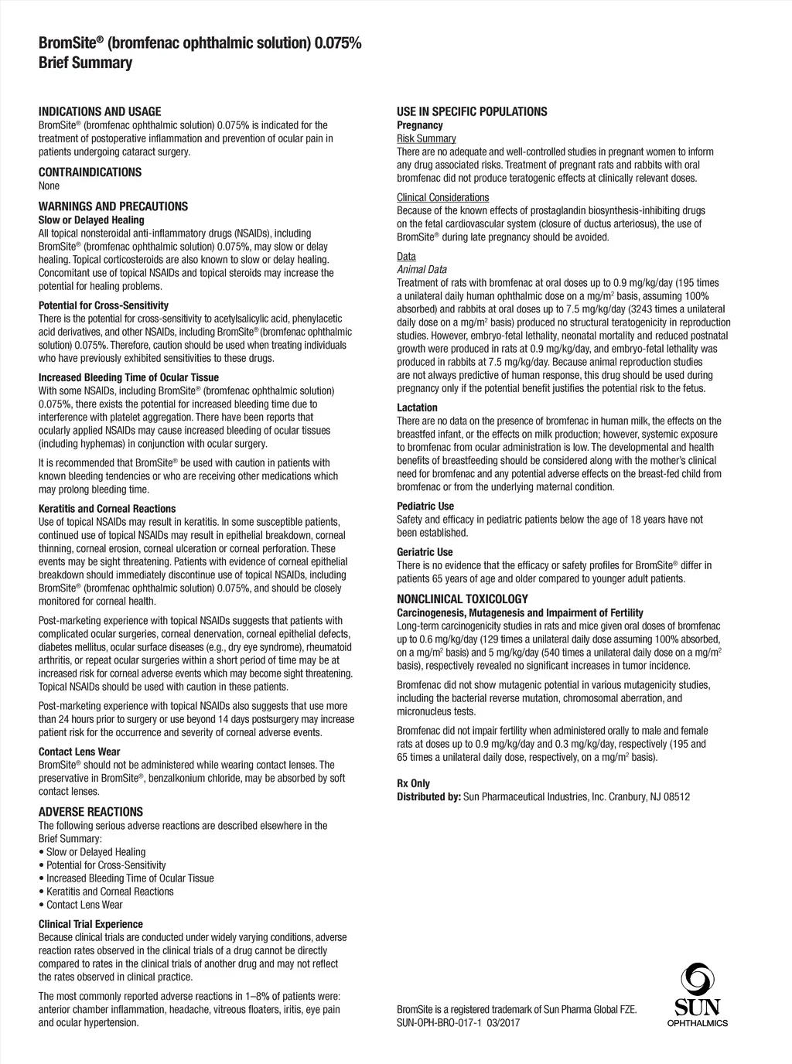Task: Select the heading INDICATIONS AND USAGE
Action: [100, 112]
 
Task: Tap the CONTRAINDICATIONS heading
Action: [90, 172]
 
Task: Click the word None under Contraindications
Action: [49, 186]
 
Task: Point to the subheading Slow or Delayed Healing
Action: [91, 220]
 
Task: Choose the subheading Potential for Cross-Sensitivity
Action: [104, 305]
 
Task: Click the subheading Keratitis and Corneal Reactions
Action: [108, 509]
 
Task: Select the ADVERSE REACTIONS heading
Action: [90, 812]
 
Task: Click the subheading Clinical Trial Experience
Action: [90, 924]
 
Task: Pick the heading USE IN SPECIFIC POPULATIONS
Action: [472, 112]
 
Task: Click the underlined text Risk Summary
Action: [426, 138]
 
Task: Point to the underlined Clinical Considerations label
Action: [443, 197]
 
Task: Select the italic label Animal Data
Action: [422, 270]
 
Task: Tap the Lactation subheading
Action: [417, 408]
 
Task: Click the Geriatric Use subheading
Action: [425, 552]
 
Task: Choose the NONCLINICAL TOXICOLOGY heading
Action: [463, 599]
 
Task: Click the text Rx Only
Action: [413, 783]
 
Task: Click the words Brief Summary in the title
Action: [85, 63]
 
